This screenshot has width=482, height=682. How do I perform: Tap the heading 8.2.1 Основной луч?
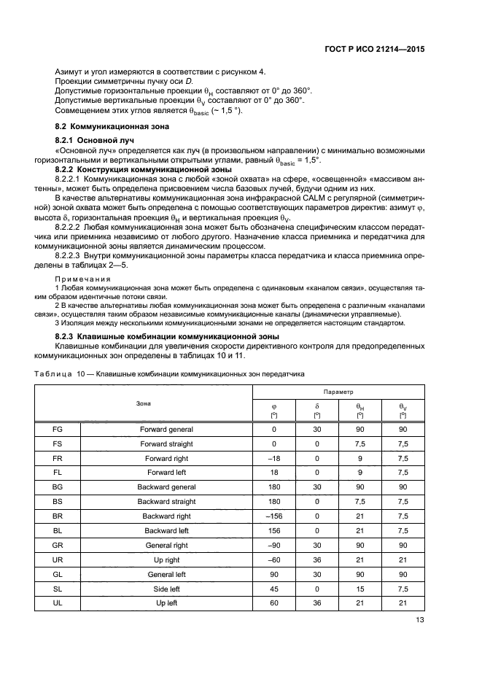[x=90, y=139]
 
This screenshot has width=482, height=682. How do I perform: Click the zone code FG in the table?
[x=58, y=430]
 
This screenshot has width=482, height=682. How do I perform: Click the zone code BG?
[x=58, y=486]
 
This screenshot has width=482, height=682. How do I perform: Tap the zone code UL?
[x=58, y=602]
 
